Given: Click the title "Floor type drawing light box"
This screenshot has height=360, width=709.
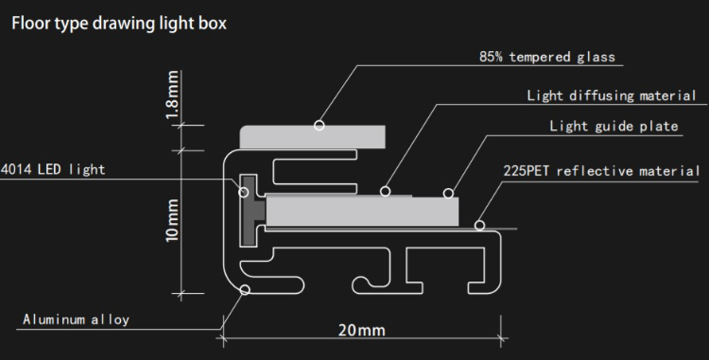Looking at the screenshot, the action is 119,23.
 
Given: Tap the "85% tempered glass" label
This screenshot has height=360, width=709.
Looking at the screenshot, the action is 547,57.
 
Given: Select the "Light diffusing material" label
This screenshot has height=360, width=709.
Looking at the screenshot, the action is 612,95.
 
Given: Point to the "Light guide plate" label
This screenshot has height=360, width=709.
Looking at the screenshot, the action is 614,126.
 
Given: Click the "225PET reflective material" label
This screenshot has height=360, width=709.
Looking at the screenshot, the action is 601,171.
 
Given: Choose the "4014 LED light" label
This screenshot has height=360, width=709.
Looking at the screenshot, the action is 53,169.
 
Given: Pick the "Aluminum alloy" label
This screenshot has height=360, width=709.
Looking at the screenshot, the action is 76,319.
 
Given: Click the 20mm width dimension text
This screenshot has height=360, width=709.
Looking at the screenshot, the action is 362,330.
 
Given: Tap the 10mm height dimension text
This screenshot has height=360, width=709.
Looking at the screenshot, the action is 172,220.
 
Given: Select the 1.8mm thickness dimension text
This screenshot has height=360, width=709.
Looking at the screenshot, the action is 172,94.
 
